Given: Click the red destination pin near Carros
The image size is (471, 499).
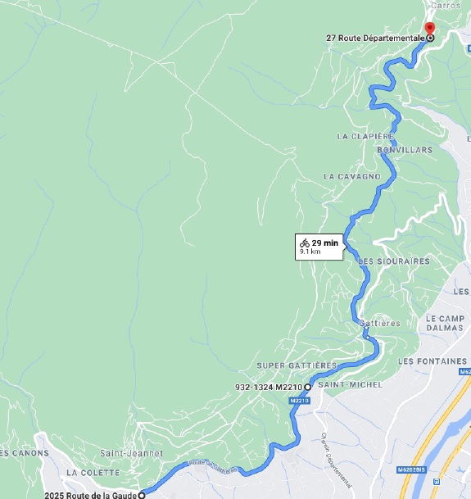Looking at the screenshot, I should [429, 29].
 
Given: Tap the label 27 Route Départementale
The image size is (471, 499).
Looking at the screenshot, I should [375, 38].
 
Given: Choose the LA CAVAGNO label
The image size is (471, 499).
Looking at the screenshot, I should [352, 176].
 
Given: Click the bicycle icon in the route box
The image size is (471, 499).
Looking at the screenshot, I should [304, 243].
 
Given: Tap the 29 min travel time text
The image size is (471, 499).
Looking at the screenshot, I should [325, 243].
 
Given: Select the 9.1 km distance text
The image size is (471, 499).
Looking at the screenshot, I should [310, 252].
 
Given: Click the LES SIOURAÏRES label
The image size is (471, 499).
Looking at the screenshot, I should [394, 261].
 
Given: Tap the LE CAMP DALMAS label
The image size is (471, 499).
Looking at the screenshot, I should [445, 321].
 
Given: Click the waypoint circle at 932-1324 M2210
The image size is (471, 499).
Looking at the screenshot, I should [308, 387].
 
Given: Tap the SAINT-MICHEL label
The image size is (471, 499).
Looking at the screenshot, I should [341, 385].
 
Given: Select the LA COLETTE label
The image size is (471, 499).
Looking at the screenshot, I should [95, 473].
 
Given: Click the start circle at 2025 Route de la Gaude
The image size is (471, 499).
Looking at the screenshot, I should [142, 495].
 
